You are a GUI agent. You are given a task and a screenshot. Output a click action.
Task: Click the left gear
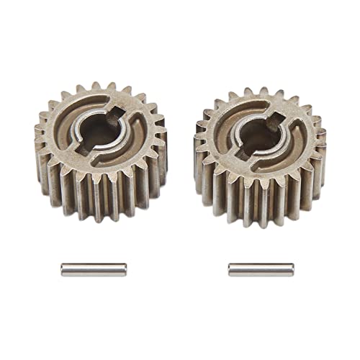[x=101, y=151]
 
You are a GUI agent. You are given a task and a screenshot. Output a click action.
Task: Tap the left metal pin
[x=93, y=269]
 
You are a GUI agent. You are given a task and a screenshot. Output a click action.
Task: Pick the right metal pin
[x=261, y=269]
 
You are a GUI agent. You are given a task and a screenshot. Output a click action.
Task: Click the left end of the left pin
[x=63, y=269]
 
